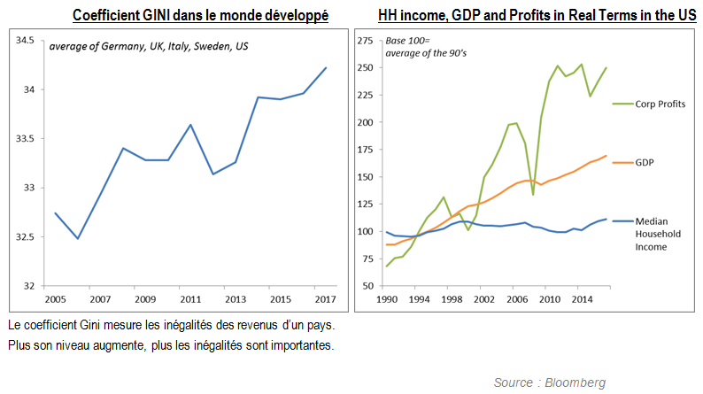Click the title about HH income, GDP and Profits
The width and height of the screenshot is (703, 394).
coord(523,16)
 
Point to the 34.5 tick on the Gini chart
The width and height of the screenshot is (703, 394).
coord(23,41)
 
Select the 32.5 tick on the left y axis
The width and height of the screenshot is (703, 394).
coord(23,237)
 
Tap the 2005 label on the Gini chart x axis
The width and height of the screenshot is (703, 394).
coord(54,299)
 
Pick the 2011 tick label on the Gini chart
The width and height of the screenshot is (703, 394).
coord(190,299)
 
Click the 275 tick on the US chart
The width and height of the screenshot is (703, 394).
coord(364,41)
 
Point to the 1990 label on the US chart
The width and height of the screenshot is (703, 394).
coord(387,299)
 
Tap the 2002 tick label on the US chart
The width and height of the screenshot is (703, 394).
coord(483,299)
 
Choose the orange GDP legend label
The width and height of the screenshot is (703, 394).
coord(645,164)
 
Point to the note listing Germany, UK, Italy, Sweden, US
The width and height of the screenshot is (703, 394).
coord(149,46)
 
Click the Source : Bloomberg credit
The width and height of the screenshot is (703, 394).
coord(550,382)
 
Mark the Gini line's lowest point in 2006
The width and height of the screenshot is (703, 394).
coord(77,238)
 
